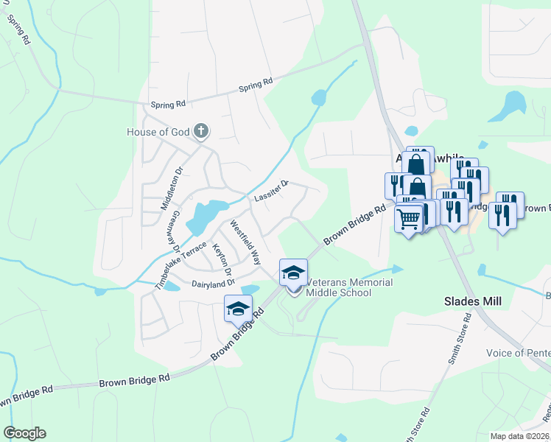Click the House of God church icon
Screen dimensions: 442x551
pyautogui.click(x=202, y=133)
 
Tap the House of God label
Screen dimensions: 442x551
pyautogui.click(x=158, y=133)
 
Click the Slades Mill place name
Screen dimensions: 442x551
pyautogui.click(x=472, y=301)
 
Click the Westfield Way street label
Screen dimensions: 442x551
pyautogui.click(x=246, y=242)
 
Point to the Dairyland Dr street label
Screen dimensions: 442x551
pyautogui.click(x=212, y=282)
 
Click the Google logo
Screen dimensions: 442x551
pyautogui.click(x=24, y=433)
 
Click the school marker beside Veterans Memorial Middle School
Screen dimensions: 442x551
pyautogui.click(x=293, y=273)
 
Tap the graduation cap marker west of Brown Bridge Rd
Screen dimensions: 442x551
pyautogui.click(x=238, y=309)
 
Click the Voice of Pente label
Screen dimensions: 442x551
pyautogui.click(x=518, y=353)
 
